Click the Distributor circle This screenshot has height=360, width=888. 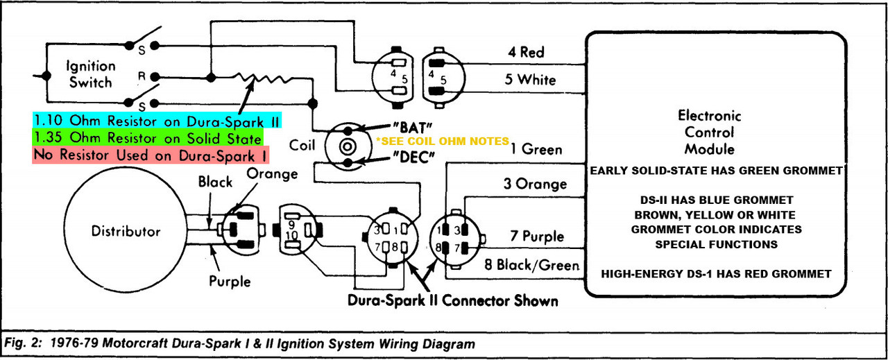[x=126, y=232]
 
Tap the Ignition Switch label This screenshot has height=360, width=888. [x=91, y=74]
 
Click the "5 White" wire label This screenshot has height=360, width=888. [x=530, y=80]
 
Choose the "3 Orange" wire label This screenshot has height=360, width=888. [x=535, y=184]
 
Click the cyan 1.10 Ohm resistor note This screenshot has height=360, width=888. [x=157, y=120]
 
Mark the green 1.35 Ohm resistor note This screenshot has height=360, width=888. [x=147, y=137]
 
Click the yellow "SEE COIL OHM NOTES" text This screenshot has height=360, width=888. [x=443, y=140]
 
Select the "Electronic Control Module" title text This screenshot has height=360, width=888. [x=709, y=132]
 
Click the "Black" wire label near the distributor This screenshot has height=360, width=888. [x=215, y=182]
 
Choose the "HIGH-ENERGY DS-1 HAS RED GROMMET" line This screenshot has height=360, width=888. [x=716, y=274]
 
